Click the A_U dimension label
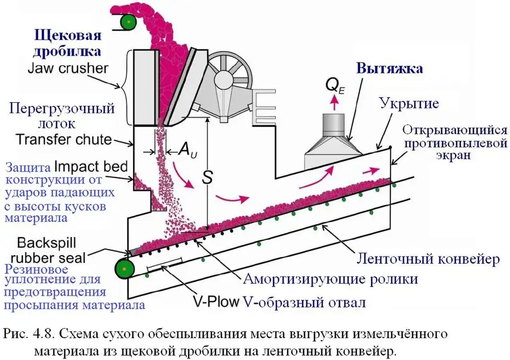[185, 151]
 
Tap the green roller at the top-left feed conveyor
[127, 22]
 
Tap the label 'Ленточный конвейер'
[428, 259]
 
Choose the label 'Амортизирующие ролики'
[330, 279]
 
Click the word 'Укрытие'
[409, 103]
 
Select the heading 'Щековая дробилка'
[67, 44]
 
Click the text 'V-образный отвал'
[304, 302]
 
